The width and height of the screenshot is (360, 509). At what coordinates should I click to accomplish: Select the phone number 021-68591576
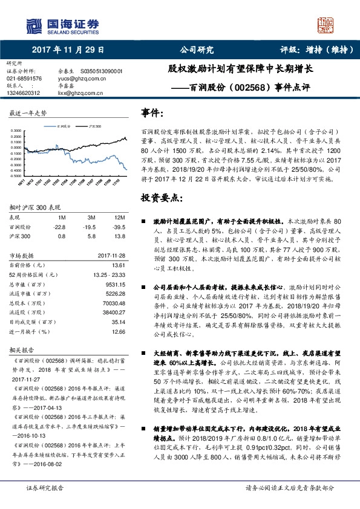coord(24,79)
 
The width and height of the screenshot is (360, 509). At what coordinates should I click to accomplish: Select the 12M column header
coord(119,216)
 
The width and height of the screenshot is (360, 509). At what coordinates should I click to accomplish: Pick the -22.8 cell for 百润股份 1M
coord(59,227)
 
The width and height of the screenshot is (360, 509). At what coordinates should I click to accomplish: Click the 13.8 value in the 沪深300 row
coord(119,236)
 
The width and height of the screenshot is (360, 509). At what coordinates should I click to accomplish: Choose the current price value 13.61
coord(118,265)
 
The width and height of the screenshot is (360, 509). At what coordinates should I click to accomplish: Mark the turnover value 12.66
coord(118,332)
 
